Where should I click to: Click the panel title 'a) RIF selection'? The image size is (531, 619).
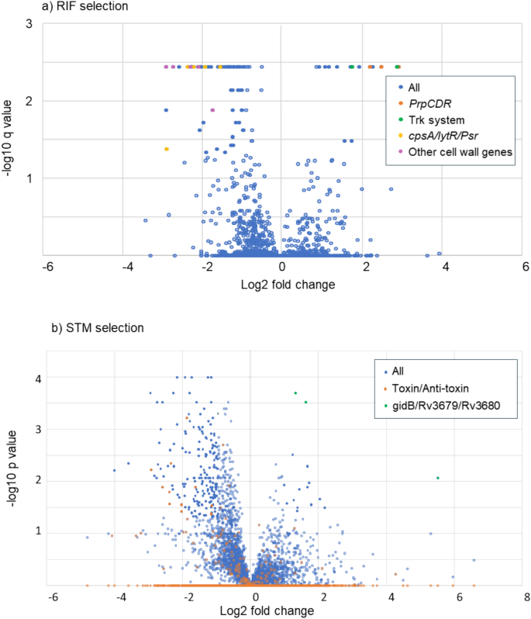43,7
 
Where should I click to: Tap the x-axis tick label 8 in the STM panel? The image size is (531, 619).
526,599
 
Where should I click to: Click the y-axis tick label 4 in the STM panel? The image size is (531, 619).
36,378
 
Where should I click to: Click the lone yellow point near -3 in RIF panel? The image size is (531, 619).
166,149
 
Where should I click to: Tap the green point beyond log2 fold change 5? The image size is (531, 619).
438,478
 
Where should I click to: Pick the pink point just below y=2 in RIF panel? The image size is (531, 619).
212,110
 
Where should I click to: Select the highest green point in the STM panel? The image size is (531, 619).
295,393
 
